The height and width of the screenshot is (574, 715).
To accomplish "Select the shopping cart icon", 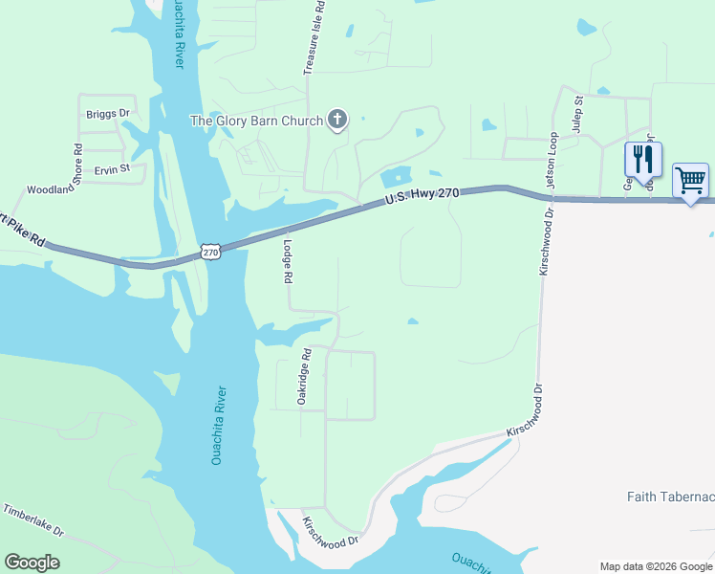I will [690, 180].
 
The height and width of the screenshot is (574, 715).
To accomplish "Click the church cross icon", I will [336, 121].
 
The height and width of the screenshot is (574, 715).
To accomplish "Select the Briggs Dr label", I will [107, 114].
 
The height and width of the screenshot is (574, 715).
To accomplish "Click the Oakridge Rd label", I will [304, 376].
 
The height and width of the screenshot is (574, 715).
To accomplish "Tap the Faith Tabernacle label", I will [670, 497].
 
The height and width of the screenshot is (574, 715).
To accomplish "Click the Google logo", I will [32, 562].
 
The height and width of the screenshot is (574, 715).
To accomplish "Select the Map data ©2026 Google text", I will [656, 566].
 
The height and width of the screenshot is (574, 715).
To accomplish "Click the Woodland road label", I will [50, 189].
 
